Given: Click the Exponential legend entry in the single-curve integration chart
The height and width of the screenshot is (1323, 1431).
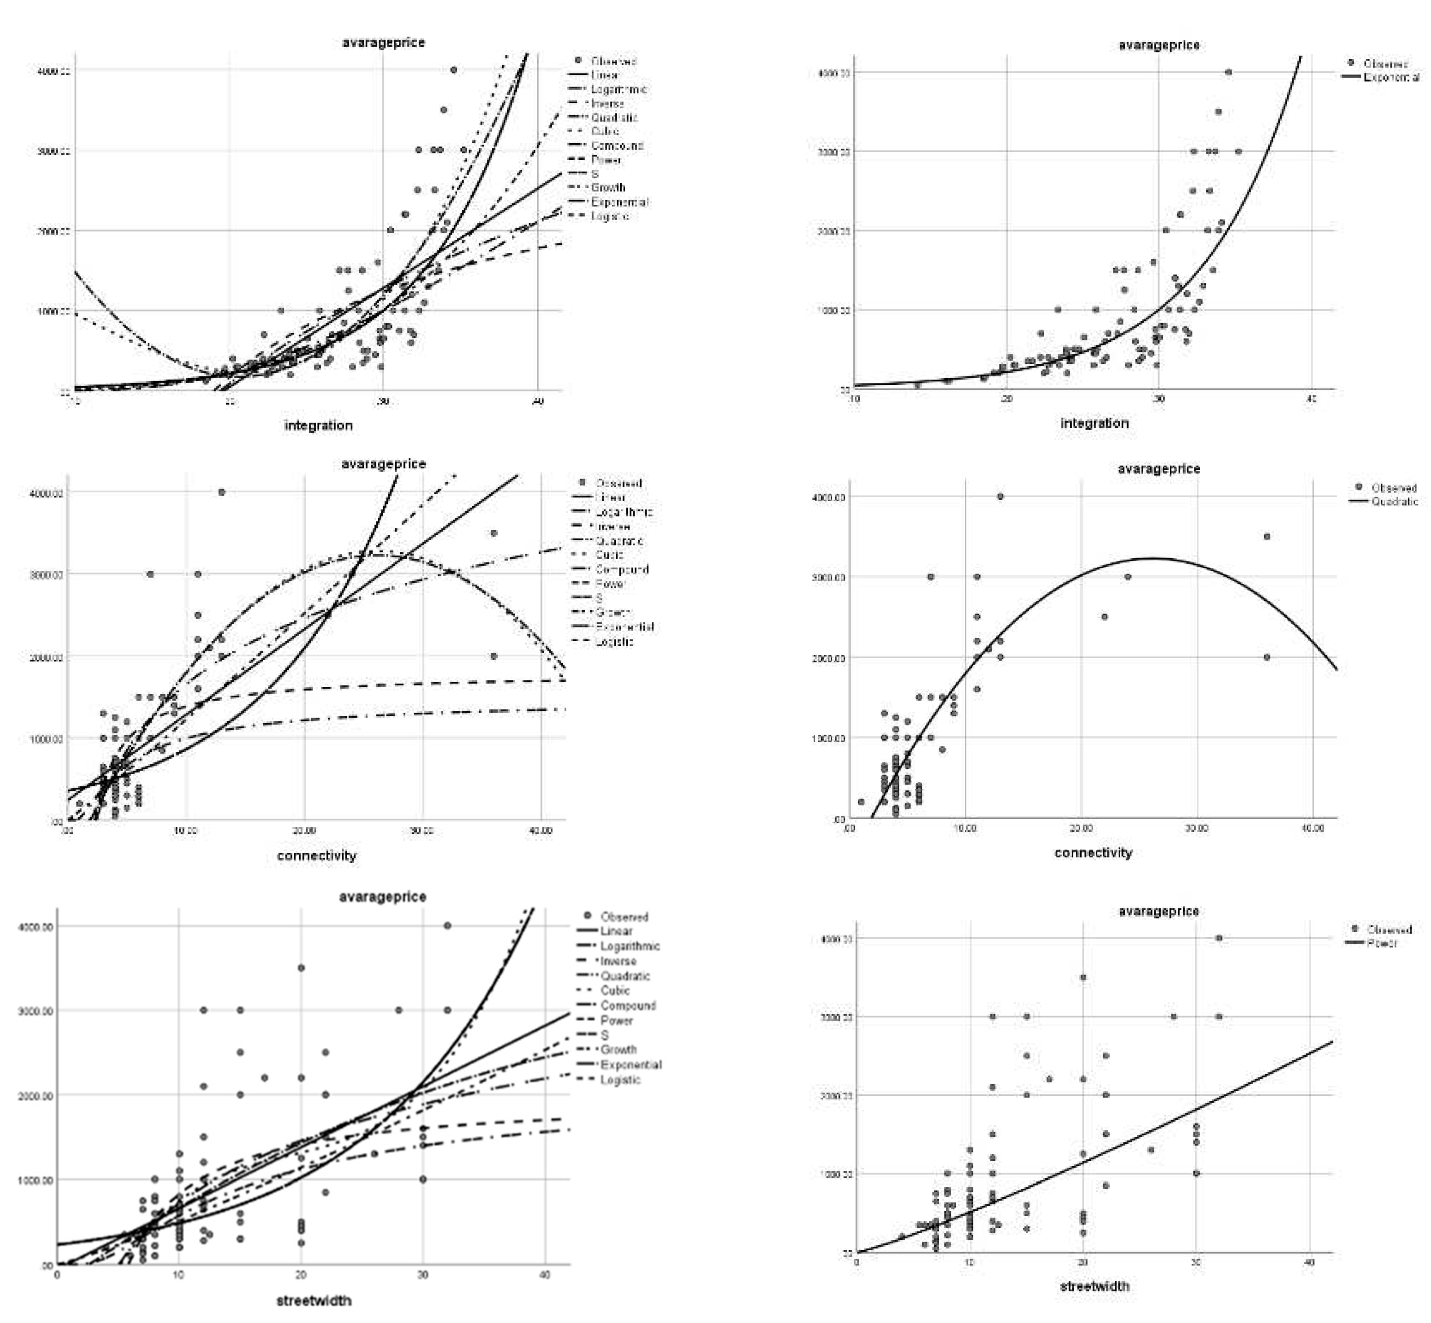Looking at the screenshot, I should click(x=1390, y=77).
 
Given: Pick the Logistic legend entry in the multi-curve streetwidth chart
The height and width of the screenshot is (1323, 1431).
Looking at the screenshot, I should click(x=620, y=1080).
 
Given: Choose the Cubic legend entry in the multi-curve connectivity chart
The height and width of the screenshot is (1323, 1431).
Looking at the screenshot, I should click(x=609, y=555).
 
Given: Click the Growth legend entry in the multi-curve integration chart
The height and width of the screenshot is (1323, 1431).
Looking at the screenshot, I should click(x=608, y=188).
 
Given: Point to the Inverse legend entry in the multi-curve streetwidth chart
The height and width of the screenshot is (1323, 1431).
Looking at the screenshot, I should click(x=618, y=961).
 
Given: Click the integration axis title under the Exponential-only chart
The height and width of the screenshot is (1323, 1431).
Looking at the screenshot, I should click(x=1094, y=423).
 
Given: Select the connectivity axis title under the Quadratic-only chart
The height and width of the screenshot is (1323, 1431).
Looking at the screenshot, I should click(x=1093, y=853).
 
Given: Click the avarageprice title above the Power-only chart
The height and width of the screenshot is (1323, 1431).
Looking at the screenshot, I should click(x=1158, y=911).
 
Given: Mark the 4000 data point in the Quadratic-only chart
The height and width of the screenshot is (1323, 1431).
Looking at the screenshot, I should click(x=1001, y=496).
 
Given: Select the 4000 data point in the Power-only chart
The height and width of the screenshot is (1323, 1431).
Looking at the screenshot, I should click(x=1219, y=938).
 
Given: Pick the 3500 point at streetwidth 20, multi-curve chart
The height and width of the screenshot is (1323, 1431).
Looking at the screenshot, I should click(x=301, y=968).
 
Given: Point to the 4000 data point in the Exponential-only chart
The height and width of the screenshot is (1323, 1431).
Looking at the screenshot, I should click(x=1228, y=71).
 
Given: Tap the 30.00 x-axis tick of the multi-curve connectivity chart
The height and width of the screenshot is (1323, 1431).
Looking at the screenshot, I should click(x=422, y=830).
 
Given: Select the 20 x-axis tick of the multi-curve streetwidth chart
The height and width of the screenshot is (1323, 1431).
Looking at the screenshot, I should click(x=300, y=1275).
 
